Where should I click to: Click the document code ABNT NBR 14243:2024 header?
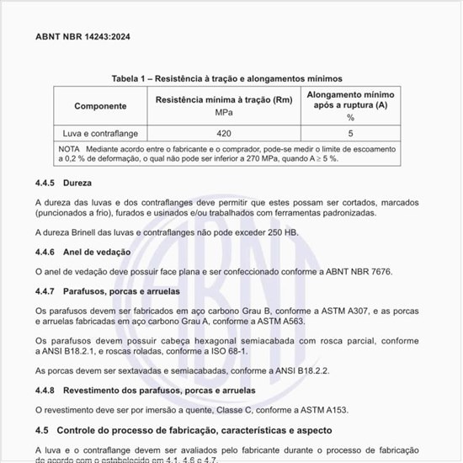tap(82, 37)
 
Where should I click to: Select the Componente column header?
tap(100, 106)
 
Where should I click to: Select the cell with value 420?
tap(224, 133)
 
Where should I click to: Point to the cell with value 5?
tap(350, 133)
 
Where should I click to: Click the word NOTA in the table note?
tap(69, 148)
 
